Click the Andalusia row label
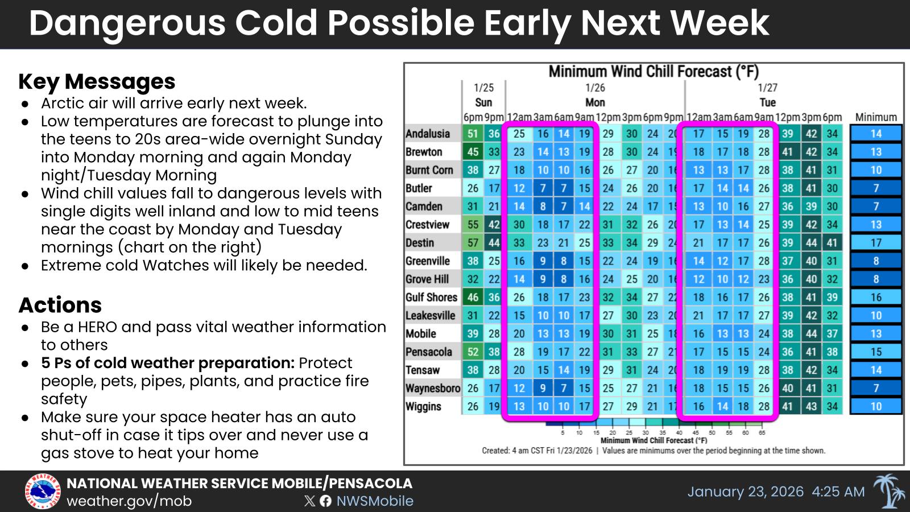point(428,134)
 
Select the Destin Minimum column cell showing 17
point(876,243)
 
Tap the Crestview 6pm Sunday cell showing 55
point(473,225)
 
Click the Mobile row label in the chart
point(421,334)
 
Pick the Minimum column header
point(876,117)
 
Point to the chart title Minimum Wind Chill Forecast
point(653,72)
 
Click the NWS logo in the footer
point(42,492)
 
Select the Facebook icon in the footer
point(325,501)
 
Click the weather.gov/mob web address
point(129,501)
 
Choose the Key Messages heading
point(97,81)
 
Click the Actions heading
point(60,305)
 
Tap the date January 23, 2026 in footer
point(745,492)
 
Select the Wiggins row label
point(423,407)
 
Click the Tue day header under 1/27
point(767,102)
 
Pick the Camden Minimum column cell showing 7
point(876,207)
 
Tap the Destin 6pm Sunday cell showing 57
point(473,243)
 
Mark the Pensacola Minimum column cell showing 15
point(876,352)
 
